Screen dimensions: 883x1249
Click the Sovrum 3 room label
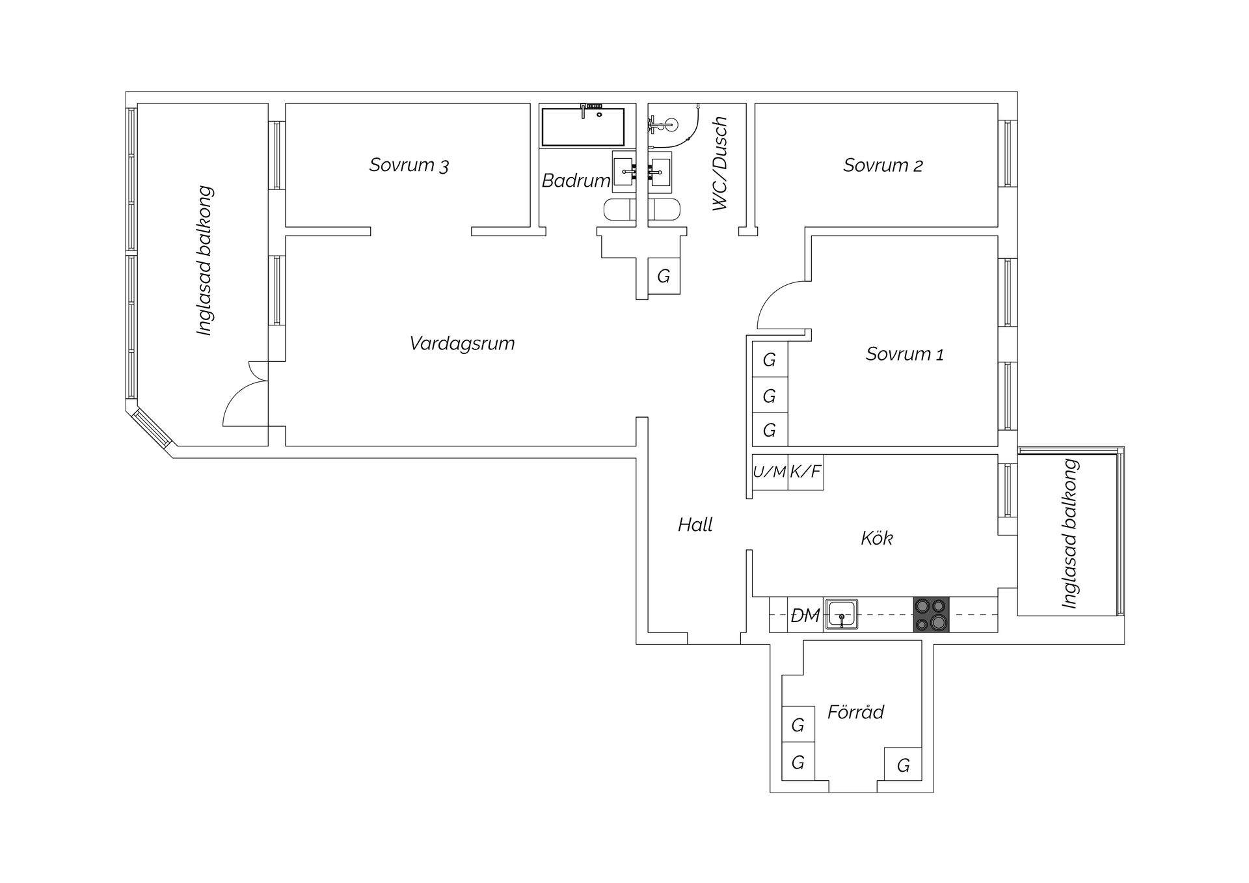coord(409,165)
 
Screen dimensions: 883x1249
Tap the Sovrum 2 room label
coord(883,165)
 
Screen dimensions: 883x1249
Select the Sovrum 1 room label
coord(904,354)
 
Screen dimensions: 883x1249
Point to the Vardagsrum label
coord(462,344)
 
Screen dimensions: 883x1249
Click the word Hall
coord(695,524)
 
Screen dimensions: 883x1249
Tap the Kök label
coord(876,538)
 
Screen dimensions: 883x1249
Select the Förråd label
coord(855,712)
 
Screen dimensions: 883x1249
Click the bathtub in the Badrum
coord(583,127)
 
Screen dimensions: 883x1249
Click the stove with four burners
coord(931,615)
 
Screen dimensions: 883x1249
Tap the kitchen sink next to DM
coord(842,615)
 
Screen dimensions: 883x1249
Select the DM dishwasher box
coord(805,615)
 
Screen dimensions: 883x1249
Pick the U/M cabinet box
coord(770,472)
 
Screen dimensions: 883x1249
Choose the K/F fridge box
coord(805,472)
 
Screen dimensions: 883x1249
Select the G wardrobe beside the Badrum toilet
coord(664,277)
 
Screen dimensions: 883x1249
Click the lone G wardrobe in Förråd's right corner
coord(903,765)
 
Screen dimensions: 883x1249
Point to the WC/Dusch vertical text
coord(719,164)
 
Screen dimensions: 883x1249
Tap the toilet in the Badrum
coord(618,210)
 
